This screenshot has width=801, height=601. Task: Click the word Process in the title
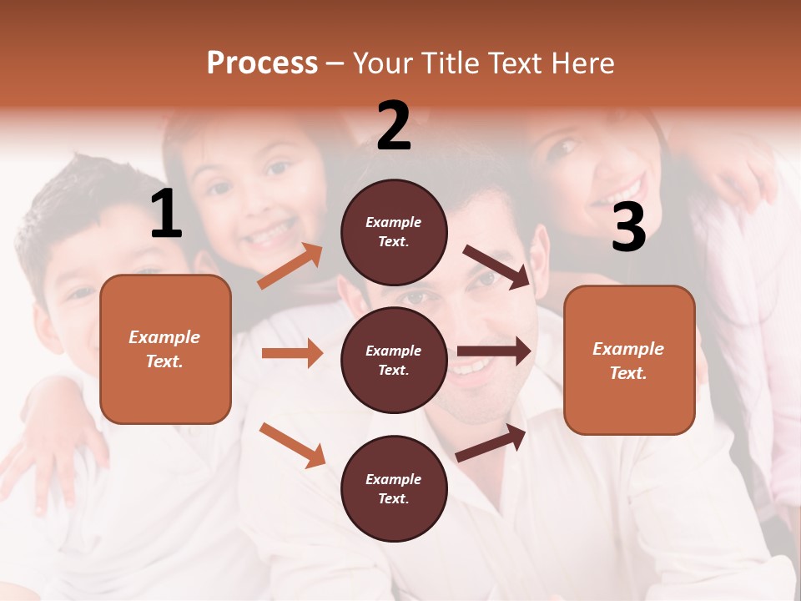262,63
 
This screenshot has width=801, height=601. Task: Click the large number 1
166,215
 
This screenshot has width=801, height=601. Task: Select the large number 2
394,126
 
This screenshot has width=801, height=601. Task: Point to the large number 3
628,227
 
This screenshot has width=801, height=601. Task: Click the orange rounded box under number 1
165,349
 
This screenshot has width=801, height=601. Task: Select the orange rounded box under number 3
629,361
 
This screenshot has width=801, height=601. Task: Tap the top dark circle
394,232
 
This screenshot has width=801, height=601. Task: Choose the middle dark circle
394,360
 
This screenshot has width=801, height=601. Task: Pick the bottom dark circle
394,488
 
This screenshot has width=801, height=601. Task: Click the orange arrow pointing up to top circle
290,266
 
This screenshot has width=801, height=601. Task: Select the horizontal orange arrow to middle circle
292,353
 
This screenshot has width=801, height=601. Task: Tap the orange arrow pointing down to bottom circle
293,445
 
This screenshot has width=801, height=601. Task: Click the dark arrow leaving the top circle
496,267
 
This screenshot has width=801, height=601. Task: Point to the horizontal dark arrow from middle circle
494,351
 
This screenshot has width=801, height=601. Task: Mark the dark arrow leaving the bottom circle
491,442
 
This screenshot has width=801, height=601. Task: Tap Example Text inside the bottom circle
394,488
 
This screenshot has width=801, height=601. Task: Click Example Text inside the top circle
394,232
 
